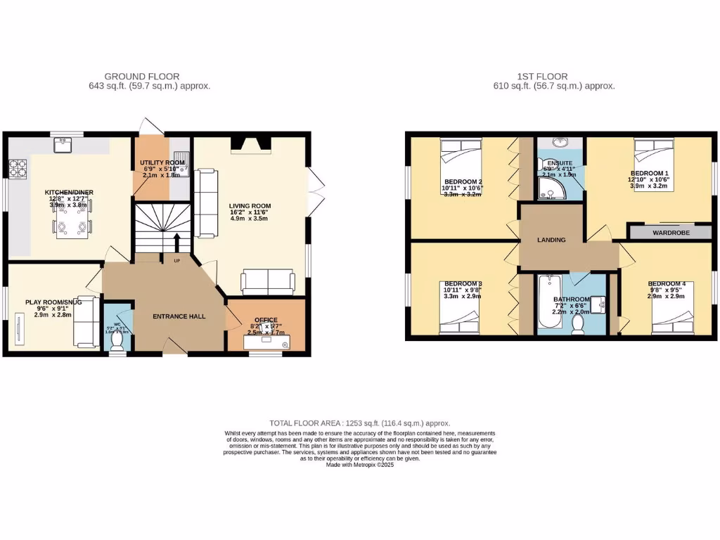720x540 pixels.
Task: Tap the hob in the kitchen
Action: (17, 168)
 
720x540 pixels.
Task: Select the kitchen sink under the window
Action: (62, 144)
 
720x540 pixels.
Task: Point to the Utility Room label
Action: (162, 162)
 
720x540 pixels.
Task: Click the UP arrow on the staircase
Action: (176, 243)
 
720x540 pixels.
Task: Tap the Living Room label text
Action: (250, 207)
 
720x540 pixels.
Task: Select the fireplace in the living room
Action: (250, 144)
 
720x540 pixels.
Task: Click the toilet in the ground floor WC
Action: (117, 341)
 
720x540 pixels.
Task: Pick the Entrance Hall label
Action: (179, 316)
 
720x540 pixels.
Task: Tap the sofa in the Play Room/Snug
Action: (84, 326)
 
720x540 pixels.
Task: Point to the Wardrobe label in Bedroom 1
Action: (671, 232)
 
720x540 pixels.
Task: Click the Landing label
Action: (551, 240)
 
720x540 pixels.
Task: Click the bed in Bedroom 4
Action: (672, 320)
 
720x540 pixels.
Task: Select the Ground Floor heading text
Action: (141, 76)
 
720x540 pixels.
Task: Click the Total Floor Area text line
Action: (359, 423)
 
